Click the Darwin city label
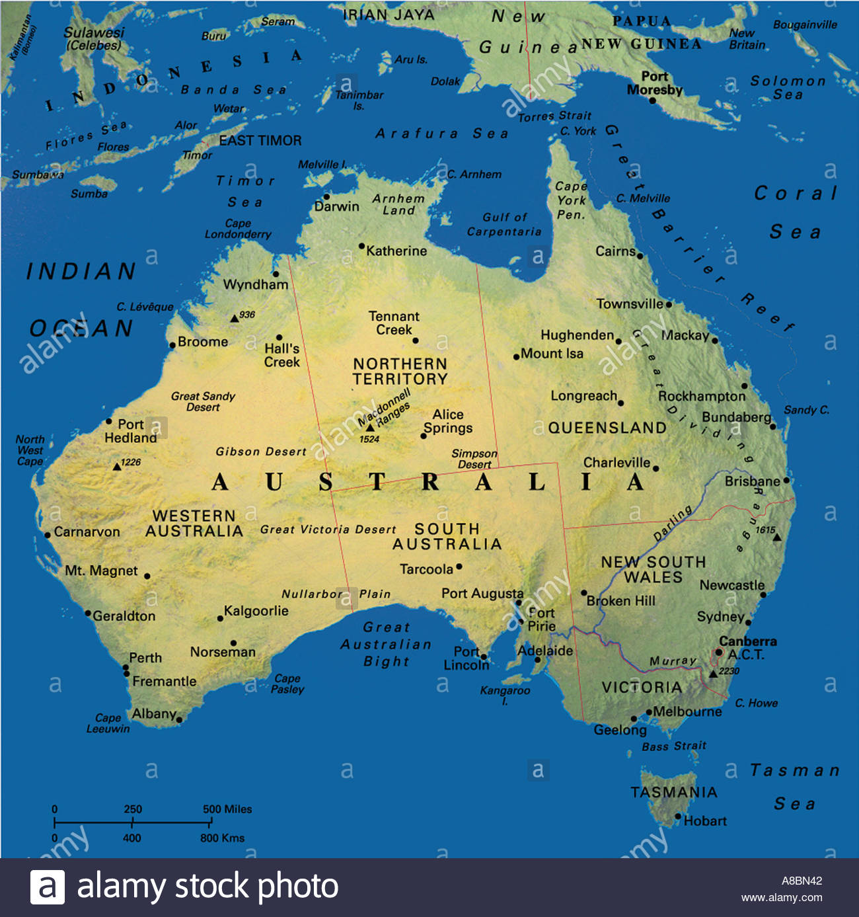(x=336, y=206)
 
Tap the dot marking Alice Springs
(x=424, y=436)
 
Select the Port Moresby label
(x=654, y=83)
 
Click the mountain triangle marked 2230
(x=713, y=674)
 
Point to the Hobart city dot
(x=677, y=817)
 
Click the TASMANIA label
(x=673, y=792)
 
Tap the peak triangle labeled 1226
(x=117, y=466)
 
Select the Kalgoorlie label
(x=256, y=611)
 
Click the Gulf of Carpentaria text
(x=504, y=224)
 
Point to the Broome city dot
(x=172, y=344)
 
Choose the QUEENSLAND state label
(x=607, y=428)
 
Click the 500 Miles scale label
(x=227, y=809)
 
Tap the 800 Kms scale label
(x=222, y=838)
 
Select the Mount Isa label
(x=552, y=354)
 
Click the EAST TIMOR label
(x=260, y=140)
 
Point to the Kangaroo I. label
(x=505, y=694)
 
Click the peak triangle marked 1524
(x=370, y=428)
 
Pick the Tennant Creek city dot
(x=416, y=340)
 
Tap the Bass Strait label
(x=674, y=746)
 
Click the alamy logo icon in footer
(x=48, y=887)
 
